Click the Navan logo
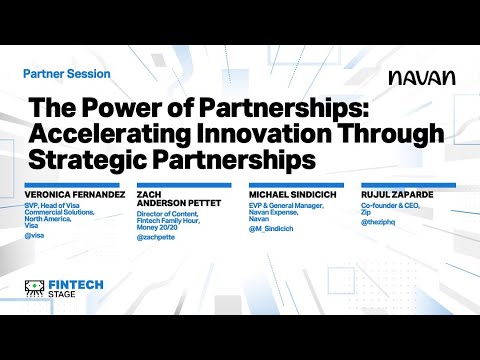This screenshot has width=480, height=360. (422, 77)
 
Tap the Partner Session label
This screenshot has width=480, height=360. (66, 74)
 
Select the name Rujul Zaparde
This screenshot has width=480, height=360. (394, 194)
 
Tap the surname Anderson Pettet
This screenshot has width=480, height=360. (177, 205)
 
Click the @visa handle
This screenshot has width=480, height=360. (35, 235)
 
